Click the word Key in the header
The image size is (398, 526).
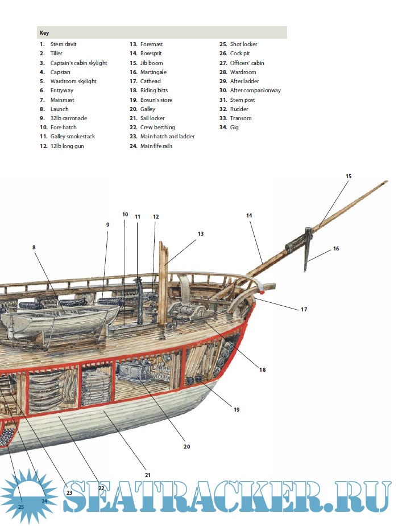click(x=44, y=33)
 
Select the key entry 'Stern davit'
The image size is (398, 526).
click(x=63, y=44)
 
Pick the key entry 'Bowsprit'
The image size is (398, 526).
click(x=152, y=54)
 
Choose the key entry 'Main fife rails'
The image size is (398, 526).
click(x=156, y=146)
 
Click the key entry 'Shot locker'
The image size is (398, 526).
click(x=244, y=44)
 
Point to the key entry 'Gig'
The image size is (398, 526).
click(x=234, y=128)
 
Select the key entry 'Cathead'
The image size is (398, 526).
click(x=151, y=81)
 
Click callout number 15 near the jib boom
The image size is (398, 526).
click(x=349, y=176)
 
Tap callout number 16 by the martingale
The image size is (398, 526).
click(x=336, y=249)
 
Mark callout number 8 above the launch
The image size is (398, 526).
click(x=34, y=248)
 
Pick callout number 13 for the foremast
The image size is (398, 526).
click(x=200, y=233)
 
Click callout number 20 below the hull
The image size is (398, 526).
click(x=186, y=446)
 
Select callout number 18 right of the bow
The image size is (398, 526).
click(x=263, y=369)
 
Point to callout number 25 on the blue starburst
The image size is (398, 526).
click(x=21, y=506)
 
